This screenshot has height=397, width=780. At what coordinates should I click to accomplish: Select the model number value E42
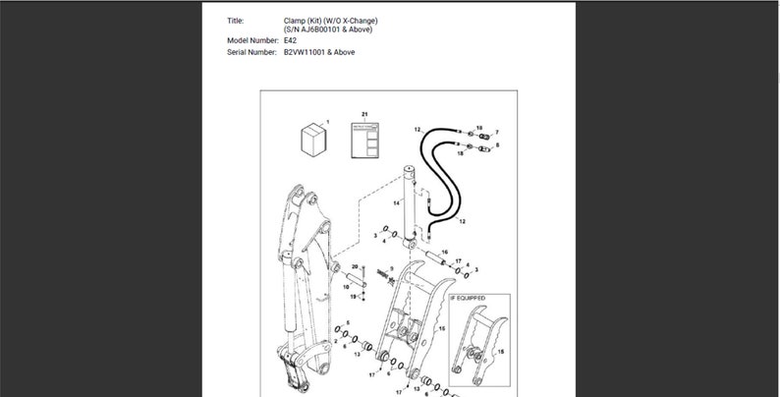tap(290, 40)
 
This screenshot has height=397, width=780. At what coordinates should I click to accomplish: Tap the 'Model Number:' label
tap(252, 40)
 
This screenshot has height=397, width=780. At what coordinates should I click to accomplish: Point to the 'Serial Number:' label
tap(252, 52)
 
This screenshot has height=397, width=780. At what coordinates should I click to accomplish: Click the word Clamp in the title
tap(296, 20)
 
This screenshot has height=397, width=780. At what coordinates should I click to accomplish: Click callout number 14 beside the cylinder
tap(397, 202)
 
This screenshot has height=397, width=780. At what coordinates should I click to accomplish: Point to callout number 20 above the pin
tap(355, 266)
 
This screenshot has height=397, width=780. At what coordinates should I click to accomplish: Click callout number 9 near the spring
tap(392, 268)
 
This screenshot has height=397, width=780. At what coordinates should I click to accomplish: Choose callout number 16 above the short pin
tap(444, 253)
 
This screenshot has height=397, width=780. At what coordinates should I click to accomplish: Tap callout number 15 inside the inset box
tap(502, 351)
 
